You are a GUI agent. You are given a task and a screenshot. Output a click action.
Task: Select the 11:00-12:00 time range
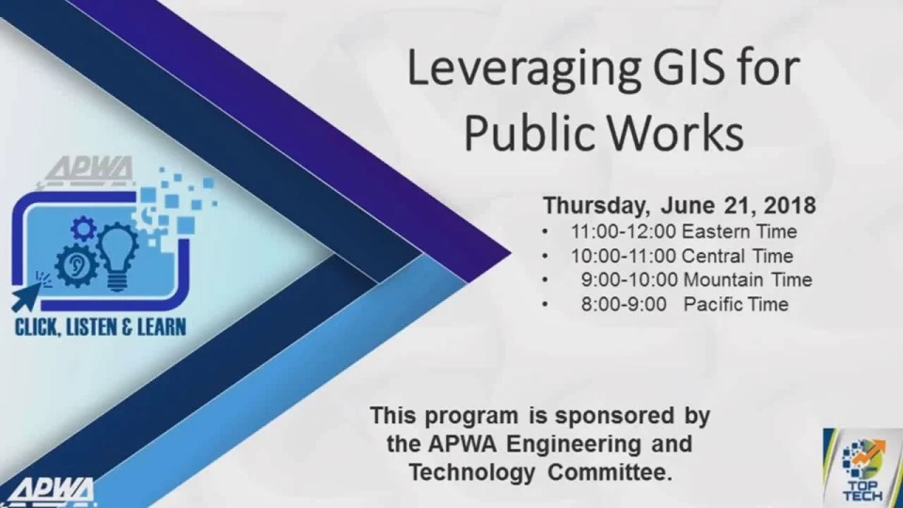click(x=623, y=231)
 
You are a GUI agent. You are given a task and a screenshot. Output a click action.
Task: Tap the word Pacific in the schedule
click(x=708, y=304)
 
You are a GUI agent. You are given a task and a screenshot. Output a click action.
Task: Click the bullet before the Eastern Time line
click(x=545, y=232)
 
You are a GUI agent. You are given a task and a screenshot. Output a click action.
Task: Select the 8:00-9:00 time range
click(x=624, y=304)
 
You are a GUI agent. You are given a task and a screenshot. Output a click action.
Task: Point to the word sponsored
click(x=614, y=417)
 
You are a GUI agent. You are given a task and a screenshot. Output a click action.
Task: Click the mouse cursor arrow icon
click(x=27, y=296)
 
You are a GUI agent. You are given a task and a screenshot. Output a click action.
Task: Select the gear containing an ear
click(x=75, y=265)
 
